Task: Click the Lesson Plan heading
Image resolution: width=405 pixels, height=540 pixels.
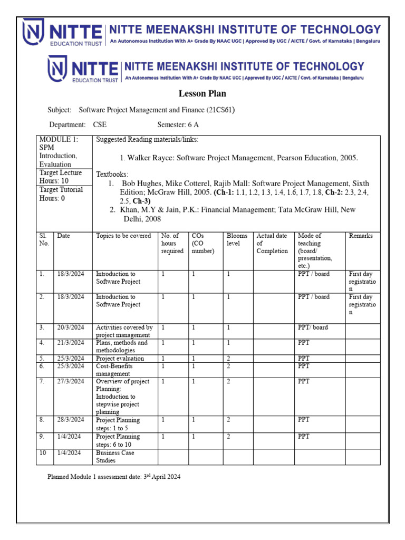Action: (203, 94)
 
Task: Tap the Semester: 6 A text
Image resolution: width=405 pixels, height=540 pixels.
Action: (178, 125)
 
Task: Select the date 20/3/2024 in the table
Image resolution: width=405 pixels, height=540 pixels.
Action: (71, 327)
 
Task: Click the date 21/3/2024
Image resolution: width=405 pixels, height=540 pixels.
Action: (71, 343)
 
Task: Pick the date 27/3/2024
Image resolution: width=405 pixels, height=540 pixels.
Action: (71, 381)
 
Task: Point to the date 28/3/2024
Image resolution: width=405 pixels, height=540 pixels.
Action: (71, 420)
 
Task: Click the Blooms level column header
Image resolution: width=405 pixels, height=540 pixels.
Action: (237, 240)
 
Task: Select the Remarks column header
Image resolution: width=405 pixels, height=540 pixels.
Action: (361, 236)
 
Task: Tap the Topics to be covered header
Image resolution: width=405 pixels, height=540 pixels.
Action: (123, 236)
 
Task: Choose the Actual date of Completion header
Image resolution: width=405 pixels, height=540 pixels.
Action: (272, 244)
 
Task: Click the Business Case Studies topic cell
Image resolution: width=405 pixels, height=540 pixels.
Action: (115, 457)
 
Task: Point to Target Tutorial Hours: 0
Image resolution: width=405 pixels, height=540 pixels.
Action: (61, 194)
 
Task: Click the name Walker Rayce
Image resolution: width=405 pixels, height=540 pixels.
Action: (150, 158)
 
